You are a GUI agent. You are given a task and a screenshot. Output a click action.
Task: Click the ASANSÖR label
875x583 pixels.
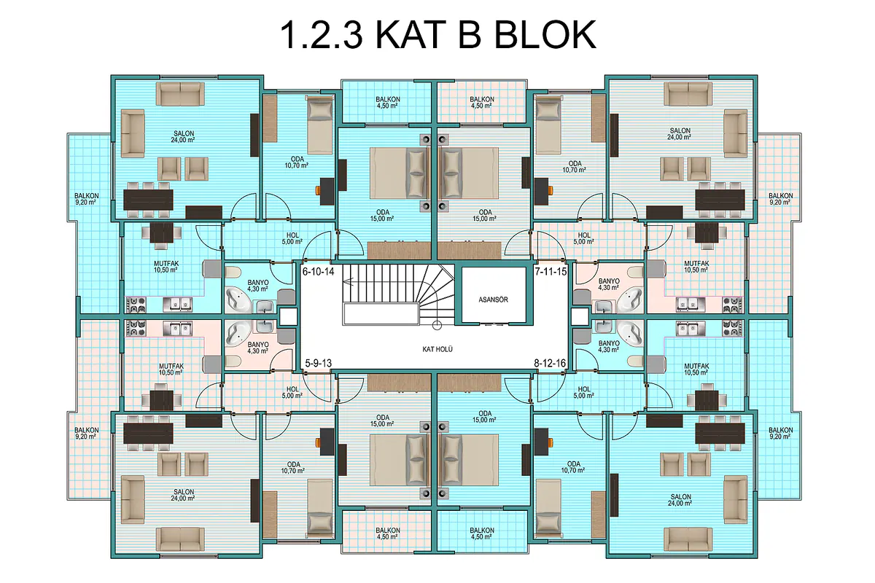494,300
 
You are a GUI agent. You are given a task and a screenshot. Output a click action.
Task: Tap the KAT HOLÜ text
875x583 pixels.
437,349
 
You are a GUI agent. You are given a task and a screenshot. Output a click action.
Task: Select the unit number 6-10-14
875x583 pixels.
319,271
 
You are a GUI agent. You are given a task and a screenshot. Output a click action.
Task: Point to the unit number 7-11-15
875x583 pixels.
551,271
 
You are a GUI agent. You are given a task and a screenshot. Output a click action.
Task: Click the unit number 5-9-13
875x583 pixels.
318,363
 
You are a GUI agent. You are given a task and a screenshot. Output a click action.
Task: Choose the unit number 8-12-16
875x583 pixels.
550,363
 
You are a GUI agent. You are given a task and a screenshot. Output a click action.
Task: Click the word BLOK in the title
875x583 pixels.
545,35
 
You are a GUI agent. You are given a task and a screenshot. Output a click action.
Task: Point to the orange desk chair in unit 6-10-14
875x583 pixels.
318,190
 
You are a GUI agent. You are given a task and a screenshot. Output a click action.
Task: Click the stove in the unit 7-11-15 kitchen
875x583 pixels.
732,305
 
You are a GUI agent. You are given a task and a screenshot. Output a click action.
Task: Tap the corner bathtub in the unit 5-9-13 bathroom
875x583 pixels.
238,334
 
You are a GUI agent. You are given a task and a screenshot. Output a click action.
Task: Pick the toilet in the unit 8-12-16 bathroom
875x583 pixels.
636,361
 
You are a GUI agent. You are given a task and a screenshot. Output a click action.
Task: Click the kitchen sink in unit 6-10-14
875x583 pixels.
177,305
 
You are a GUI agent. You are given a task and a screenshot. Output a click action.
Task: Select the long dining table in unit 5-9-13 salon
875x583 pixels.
149,434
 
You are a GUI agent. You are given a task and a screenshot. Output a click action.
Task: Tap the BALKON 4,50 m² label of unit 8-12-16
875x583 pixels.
482,533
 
